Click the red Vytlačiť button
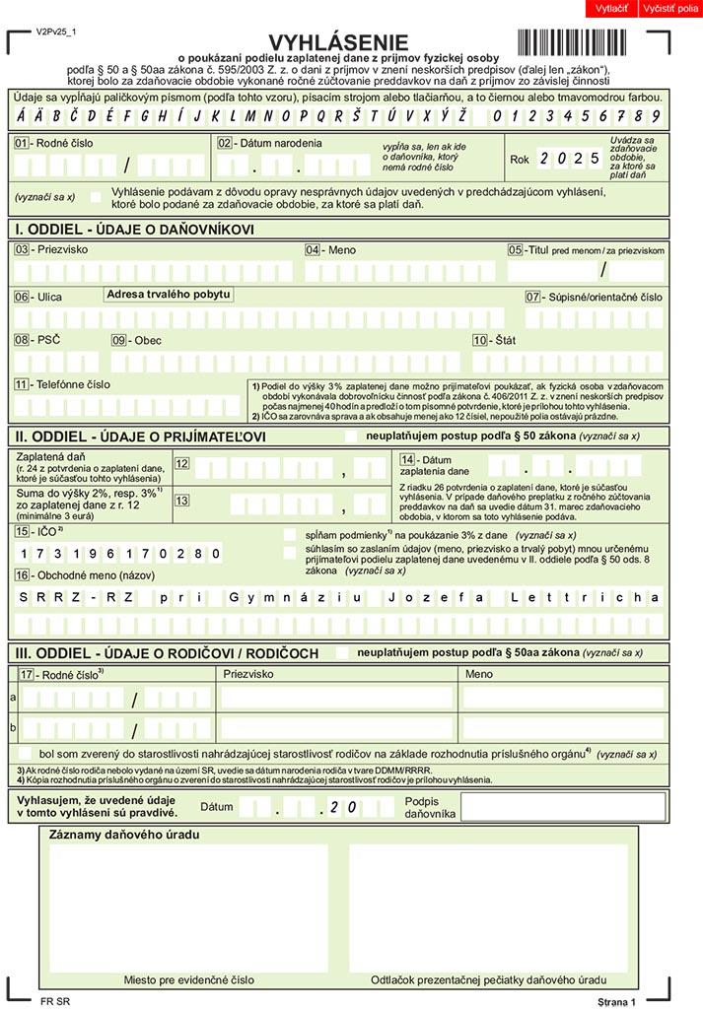[x=612, y=9]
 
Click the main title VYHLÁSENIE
[x=338, y=41]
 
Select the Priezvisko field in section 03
[x=154, y=271]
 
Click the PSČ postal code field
[x=55, y=362]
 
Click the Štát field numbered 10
[x=566, y=362]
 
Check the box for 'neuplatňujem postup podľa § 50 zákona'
[x=351, y=436]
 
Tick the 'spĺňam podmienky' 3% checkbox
[x=290, y=533]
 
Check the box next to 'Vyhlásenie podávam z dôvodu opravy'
[x=96, y=196]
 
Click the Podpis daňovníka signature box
[x=561, y=807]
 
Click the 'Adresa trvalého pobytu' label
[x=169, y=294]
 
